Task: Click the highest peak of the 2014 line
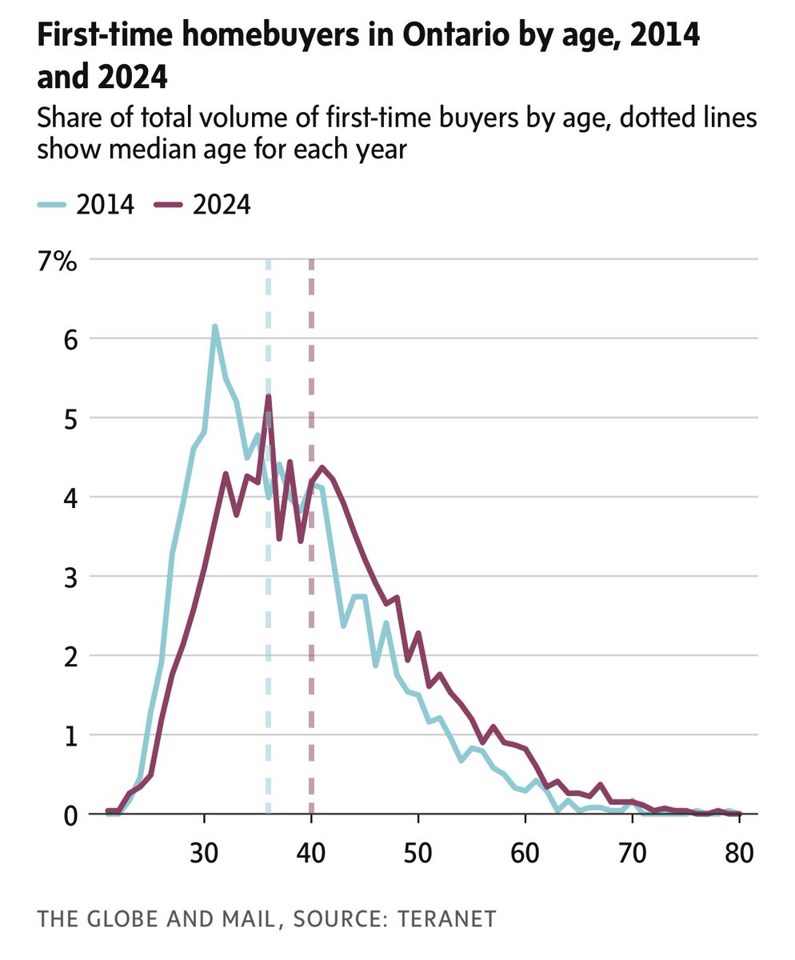click(x=215, y=326)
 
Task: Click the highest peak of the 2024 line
click(x=269, y=396)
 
